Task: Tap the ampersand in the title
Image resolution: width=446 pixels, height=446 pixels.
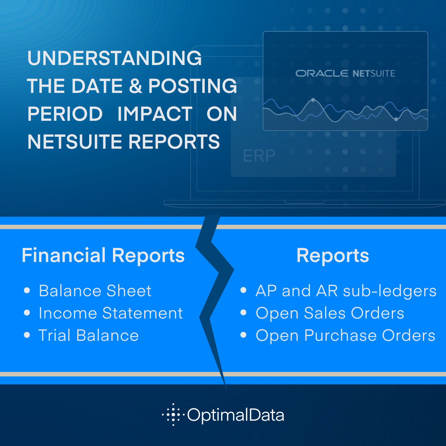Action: pyautogui.click(x=135, y=86)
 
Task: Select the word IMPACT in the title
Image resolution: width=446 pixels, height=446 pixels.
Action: pyautogui.click(x=155, y=114)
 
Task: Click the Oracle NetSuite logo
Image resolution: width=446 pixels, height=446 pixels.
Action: pyautogui.click(x=345, y=74)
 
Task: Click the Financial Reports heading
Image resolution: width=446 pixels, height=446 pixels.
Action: pyautogui.click(x=103, y=255)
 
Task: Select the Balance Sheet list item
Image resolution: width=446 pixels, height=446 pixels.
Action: pyautogui.click(x=95, y=291)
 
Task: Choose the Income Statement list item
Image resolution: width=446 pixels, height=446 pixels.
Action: pyautogui.click(x=111, y=313)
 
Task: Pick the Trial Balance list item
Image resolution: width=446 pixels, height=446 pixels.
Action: pyautogui.click(x=89, y=335)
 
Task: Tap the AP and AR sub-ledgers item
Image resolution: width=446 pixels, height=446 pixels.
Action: pyautogui.click(x=346, y=291)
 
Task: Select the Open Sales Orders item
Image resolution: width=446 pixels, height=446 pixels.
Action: pyautogui.click(x=330, y=313)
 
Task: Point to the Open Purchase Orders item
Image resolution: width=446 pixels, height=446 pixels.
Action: pyautogui.click(x=346, y=336)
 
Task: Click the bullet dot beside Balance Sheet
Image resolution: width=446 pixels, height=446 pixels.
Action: pyautogui.click(x=27, y=290)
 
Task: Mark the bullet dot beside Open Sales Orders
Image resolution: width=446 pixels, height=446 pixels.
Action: pyautogui.click(x=243, y=313)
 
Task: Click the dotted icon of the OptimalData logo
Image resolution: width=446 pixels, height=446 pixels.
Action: pyautogui.click(x=173, y=414)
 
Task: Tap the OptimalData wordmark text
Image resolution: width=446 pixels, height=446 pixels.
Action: pyautogui.click(x=236, y=415)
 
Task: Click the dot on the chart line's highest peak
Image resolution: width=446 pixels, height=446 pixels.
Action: pyautogui.click(x=313, y=100)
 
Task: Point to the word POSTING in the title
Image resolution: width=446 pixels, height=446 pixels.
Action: pyautogui.click(x=193, y=86)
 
